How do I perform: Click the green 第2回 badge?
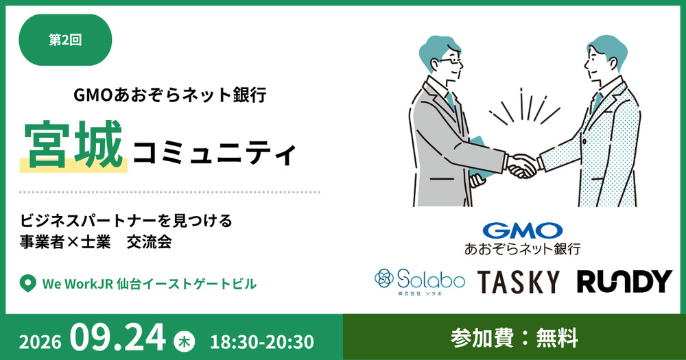tap(65, 40)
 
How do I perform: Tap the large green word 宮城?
tap(73, 145)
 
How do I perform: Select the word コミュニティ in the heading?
tap(214, 153)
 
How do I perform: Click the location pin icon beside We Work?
tap(27, 284)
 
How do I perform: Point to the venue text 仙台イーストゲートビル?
tap(187, 284)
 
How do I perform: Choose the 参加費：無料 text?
tap(514, 338)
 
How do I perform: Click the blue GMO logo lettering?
tap(522, 230)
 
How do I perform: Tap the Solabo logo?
tap(419, 281)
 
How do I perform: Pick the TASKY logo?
tap(519, 282)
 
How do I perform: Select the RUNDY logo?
tap(624, 281)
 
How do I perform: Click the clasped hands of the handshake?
tap(522, 166)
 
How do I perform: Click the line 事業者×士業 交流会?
tap(96, 242)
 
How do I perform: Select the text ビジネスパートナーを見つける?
tap(126, 221)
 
